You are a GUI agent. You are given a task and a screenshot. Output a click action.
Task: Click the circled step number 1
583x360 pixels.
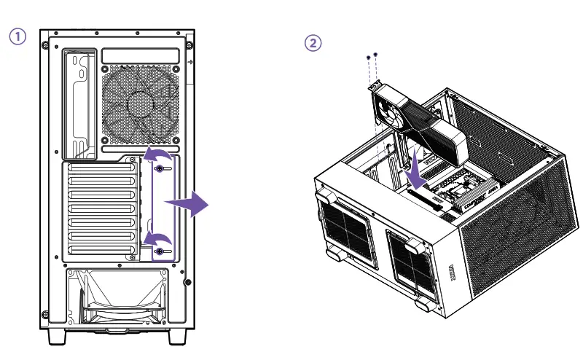[x=15, y=36]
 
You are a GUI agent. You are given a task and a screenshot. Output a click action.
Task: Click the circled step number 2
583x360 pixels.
[x=312, y=43]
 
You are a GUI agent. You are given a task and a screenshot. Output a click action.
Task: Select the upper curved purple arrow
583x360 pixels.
[x=158, y=154]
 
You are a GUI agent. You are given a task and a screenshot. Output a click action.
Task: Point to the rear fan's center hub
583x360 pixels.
[x=140, y=102]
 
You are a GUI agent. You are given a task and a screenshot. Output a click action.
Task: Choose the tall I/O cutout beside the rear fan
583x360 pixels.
[x=79, y=102]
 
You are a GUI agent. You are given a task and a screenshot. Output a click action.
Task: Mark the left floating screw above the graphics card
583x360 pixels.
[x=367, y=56]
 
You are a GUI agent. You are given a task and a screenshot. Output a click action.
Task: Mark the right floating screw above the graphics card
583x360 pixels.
[x=375, y=53]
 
